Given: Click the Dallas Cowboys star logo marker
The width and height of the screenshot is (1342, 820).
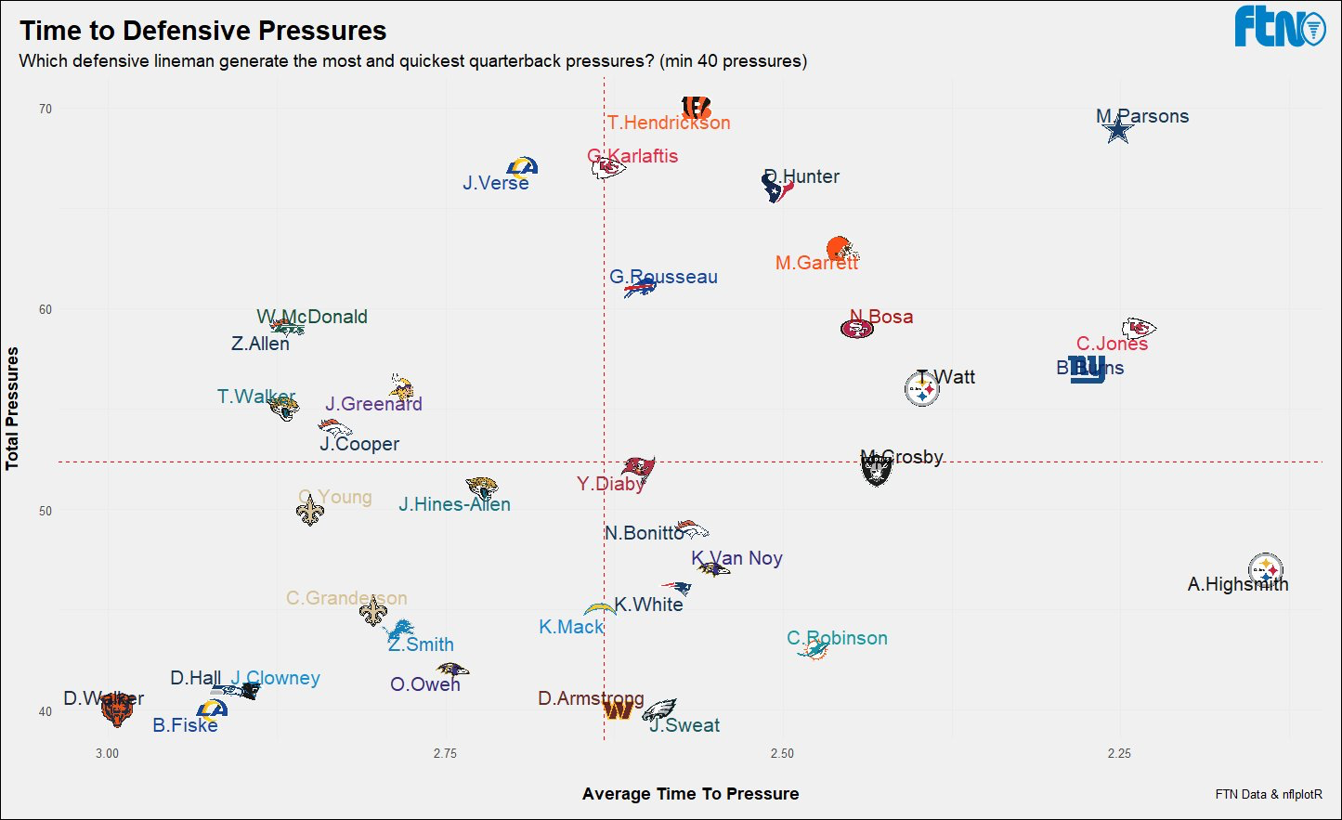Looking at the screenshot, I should [x=1119, y=131].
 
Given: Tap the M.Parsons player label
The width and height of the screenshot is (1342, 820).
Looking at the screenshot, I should [x=1142, y=116].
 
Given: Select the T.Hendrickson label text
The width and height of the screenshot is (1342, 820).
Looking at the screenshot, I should [x=669, y=123].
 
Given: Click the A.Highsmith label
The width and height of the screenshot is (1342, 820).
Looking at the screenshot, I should [x=1238, y=584].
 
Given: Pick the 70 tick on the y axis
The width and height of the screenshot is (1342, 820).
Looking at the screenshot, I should [x=46, y=109].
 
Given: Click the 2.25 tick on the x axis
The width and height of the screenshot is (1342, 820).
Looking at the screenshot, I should [x=1119, y=753].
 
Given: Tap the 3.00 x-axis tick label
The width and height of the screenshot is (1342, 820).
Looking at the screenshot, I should [x=107, y=753].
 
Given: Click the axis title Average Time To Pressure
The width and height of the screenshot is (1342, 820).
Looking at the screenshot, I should [x=690, y=794].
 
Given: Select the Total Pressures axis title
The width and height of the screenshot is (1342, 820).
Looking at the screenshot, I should [x=13, y=409].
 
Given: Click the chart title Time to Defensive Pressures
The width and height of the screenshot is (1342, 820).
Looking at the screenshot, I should [x=203, y=31].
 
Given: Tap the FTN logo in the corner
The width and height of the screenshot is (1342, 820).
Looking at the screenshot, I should [x=1279, y=27].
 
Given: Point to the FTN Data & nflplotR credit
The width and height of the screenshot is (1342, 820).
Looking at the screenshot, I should [x=1269, y=794].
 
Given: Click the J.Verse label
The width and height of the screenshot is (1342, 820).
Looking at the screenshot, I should [x=496, y=183].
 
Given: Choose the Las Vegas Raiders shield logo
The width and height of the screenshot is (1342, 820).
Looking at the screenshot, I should [x=876, y=471].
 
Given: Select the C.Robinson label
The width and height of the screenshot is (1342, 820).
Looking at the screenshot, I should [x=837, y=638].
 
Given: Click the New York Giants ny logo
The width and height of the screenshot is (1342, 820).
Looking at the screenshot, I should [x=1087, y=369].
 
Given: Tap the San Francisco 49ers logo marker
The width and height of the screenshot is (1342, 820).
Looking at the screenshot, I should [x=856, y=329].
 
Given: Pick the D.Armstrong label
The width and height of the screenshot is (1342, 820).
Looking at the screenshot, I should [x=591, y=698].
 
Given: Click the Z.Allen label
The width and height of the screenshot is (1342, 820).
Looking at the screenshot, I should [x=260, y=344].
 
